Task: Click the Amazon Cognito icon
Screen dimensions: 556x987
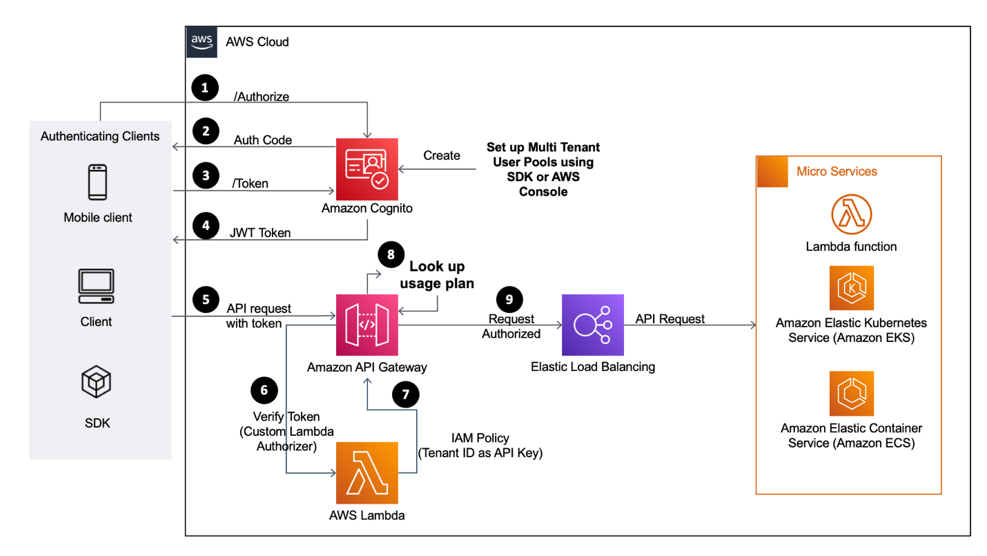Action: (367, 169)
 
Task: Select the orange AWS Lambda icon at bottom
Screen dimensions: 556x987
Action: (367, 473)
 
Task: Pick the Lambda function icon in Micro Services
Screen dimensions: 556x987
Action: (851, 215)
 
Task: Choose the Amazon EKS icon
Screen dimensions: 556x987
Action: (851, 288)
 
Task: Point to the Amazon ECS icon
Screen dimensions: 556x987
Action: (851, 394)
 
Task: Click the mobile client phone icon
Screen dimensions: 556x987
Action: (98, 182)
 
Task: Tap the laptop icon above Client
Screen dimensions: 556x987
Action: (96, 287)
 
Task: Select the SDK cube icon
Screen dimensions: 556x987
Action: (96, 383)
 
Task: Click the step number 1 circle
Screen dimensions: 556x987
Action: (204, 88)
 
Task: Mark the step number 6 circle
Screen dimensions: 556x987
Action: (264, 390)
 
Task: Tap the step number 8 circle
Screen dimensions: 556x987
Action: (391, 254)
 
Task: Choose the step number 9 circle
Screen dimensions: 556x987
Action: (509, 298)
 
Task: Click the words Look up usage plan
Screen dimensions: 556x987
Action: (437, 275)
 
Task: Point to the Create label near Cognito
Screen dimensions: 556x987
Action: (442, 155)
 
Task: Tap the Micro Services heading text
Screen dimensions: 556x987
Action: (837, 171)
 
